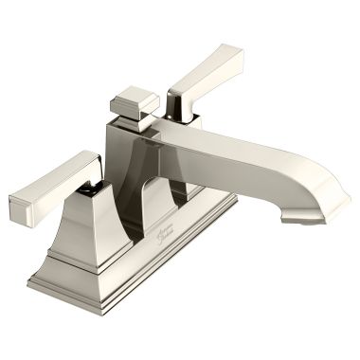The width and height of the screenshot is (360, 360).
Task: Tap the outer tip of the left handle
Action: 19,204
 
